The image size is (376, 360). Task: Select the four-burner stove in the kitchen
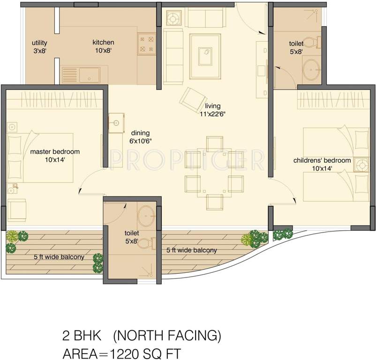click(146, 43)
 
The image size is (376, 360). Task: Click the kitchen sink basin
click(89, 75)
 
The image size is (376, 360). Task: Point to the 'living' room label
click(212, 105)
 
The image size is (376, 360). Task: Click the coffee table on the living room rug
click(204, 57)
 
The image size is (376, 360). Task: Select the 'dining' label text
click(140, 132)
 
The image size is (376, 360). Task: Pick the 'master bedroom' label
click(55, 151)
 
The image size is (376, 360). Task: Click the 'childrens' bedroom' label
click(322, 160)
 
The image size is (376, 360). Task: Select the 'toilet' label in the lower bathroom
click(132, 232)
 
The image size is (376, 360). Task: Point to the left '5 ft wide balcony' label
click(59, 257)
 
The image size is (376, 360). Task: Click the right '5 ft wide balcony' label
click(192, 250)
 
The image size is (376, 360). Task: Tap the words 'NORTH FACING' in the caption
click(167, 336)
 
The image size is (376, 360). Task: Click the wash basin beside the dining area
click(116, 123)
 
